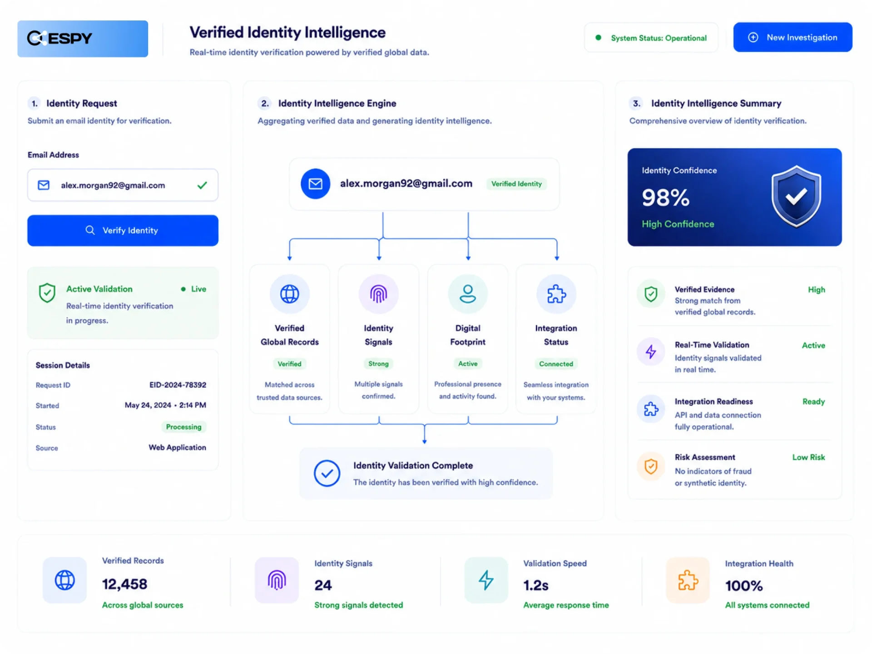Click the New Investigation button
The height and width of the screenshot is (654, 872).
click(x=793, y=37)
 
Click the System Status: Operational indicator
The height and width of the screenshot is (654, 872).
click(x=651, y=38)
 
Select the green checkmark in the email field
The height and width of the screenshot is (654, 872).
click(x=202, y=185)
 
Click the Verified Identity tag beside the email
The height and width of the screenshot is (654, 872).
click(x=516, y=184)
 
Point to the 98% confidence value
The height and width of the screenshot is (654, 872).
click(x=665, y=198)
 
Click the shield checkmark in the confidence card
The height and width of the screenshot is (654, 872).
click(x=796, y=196)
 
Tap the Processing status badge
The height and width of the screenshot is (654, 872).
click(x=183, y=427)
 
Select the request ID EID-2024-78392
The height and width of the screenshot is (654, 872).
click(x=178, y=385)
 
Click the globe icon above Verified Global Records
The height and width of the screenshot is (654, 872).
click(x=290, y=294)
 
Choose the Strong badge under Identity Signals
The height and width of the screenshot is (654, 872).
click(x=378, y=364)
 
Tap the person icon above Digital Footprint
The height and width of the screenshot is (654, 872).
click(x=468, y=294)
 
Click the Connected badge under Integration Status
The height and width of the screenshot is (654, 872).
click(x=556, y=364)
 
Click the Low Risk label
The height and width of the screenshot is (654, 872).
click(x=808, y=457)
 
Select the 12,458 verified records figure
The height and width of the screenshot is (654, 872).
click(x=124, y=584)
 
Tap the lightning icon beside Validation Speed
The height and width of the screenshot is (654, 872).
click(x=486, y=580)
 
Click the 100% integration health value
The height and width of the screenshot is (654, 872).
click(x=743, y=586)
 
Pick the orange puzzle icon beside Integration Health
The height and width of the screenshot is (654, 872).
click(x=688, y=580)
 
